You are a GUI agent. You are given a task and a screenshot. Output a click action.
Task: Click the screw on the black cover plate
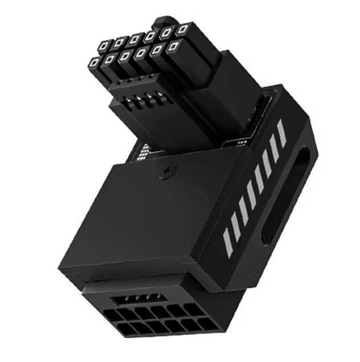[166, 172]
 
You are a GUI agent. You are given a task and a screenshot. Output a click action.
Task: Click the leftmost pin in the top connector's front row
[93, 60]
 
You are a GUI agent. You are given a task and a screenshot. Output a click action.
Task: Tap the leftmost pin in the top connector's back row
[104, 46]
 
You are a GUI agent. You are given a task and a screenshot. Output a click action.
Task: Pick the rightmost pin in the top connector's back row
[182, 28]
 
